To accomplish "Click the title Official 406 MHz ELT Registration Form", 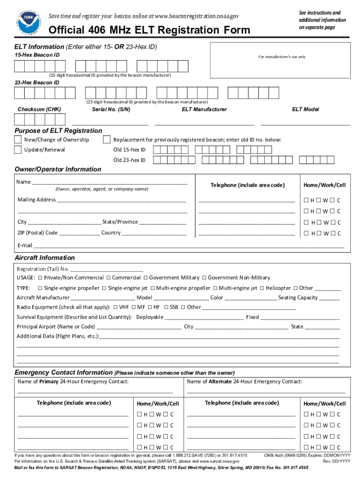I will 150,31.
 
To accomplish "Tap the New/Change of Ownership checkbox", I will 18,140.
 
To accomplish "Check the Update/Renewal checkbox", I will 18,150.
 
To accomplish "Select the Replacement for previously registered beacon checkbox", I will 107,140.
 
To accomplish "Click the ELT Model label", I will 305,109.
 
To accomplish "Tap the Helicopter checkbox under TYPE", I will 262,288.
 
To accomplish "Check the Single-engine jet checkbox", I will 104,288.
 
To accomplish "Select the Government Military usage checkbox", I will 145,278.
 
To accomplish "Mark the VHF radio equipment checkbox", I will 115,307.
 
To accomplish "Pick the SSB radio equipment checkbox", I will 166,307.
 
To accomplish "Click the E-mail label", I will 25,246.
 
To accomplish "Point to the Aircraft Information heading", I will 44,258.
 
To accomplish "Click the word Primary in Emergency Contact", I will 49,382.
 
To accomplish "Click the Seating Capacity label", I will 298,298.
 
